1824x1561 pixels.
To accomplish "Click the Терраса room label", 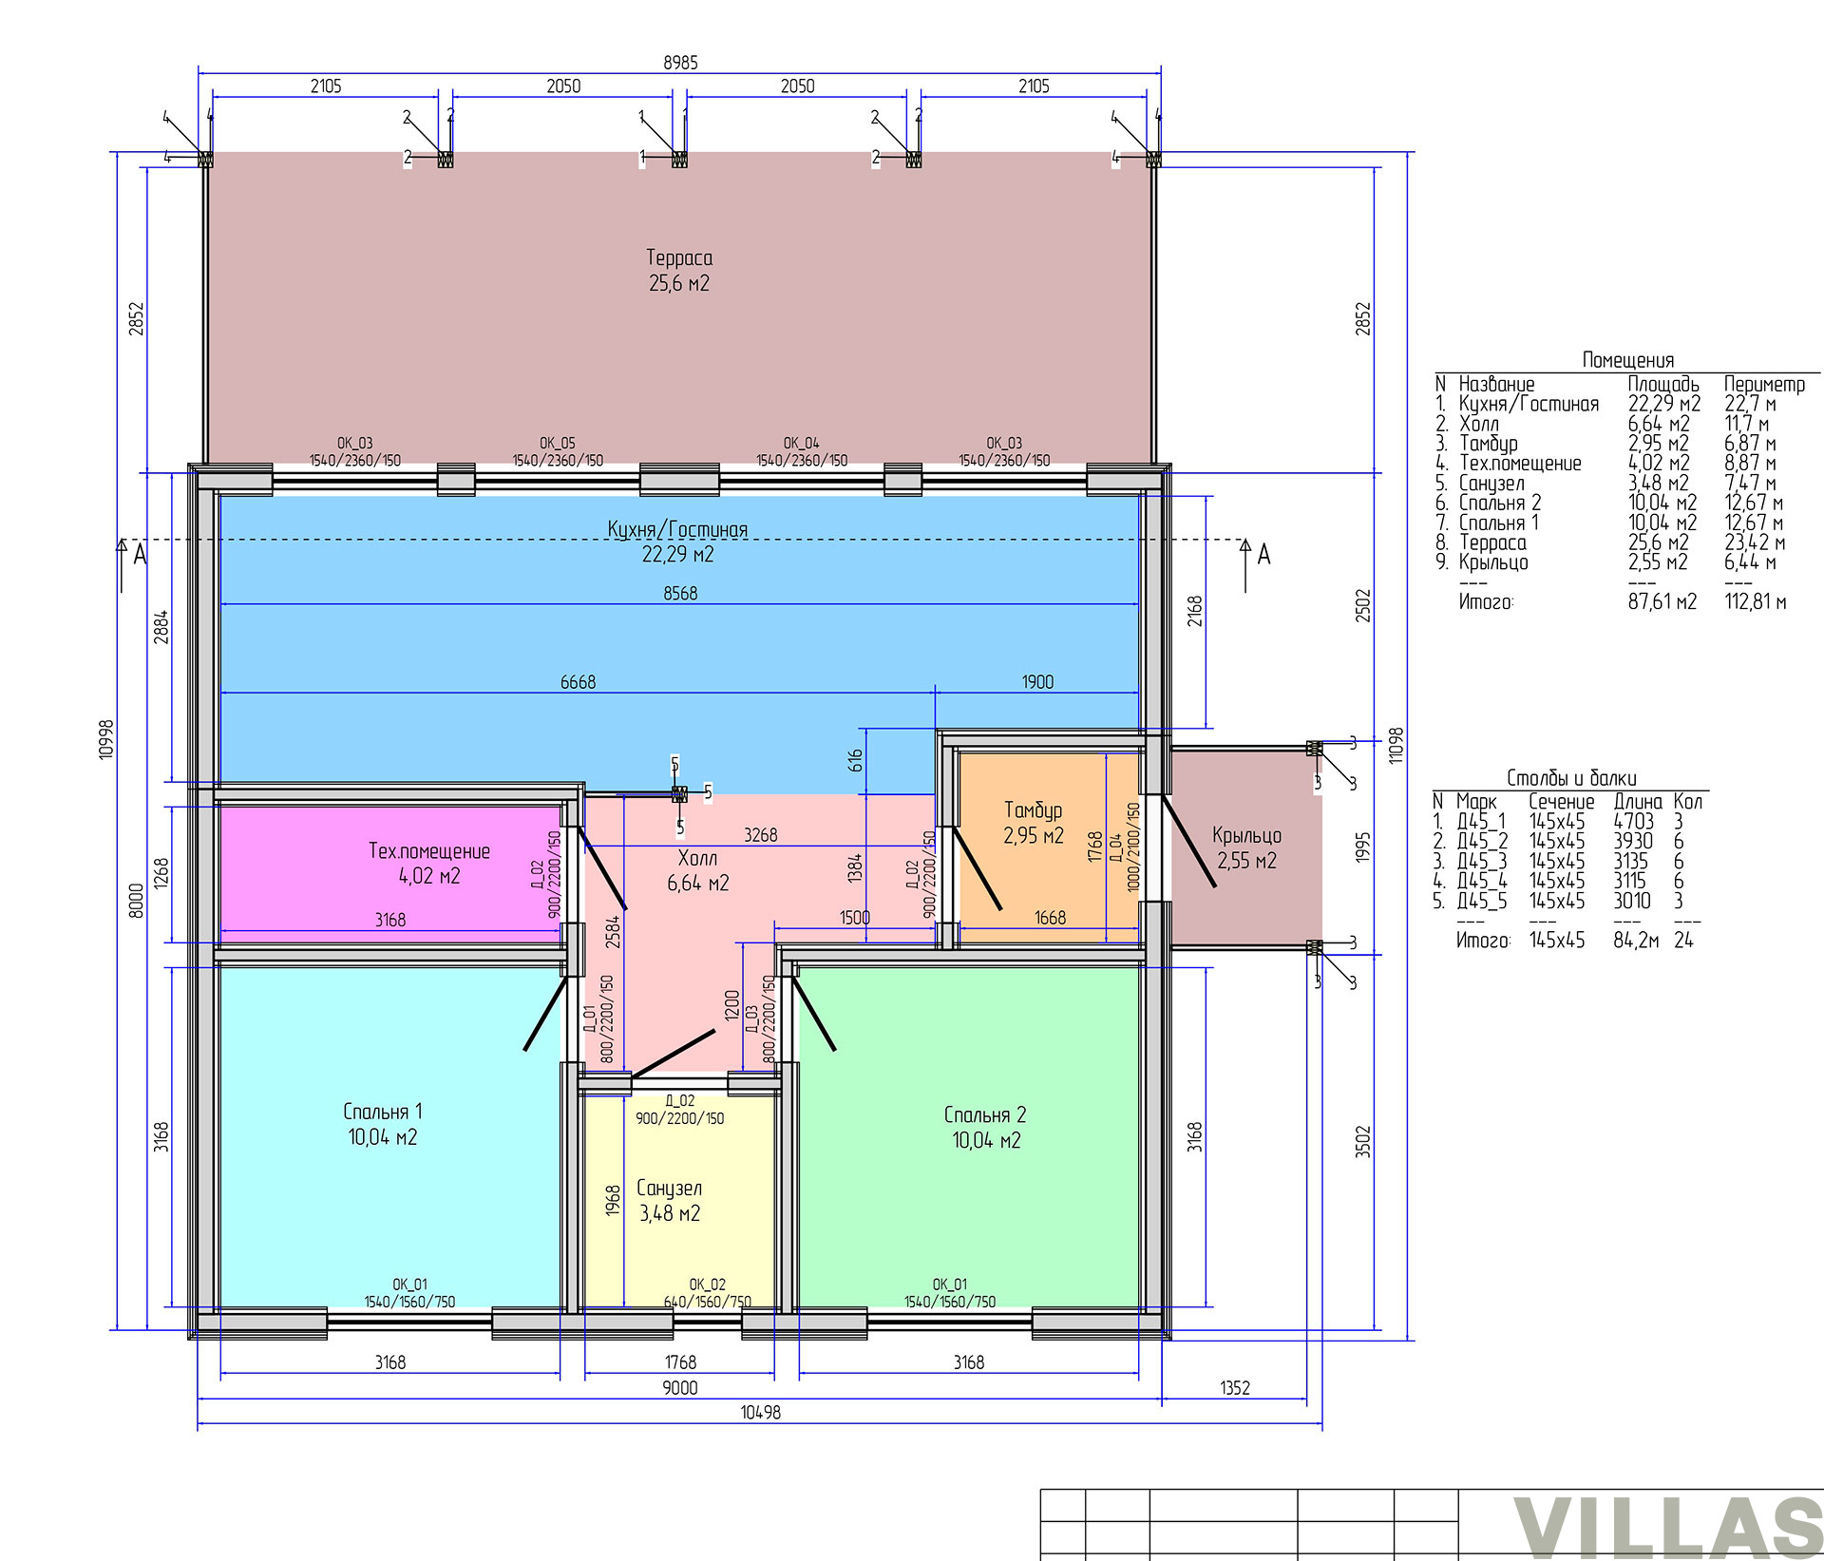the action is (679, 257).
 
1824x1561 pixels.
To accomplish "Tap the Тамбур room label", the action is (1033, 810).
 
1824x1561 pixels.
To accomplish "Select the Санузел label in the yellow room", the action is (670, 1189).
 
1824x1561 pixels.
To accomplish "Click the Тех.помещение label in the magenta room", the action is (429, 851).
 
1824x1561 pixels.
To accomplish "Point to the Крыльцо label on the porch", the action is (1246, 836).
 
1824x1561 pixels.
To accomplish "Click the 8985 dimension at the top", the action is (680, 63).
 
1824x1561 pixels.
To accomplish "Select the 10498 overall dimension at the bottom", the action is (760, 1413).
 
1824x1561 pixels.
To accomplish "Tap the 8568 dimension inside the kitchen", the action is (680, 594).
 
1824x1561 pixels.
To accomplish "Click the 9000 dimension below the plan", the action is (680, 1388).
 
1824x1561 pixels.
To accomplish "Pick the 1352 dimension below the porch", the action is (1235, 1388).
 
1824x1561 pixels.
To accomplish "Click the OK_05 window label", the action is (558, 444).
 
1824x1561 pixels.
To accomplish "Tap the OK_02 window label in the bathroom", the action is (707, 1285).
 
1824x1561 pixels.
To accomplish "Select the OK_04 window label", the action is (801, 444).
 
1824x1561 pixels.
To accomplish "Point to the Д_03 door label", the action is (751, 1019).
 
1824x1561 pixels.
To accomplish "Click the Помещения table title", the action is (1628, 360).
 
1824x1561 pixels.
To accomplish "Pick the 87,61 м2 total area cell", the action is (1662, 601).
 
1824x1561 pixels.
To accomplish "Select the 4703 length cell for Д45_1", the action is (1633, 822).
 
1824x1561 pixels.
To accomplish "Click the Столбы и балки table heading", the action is (1571, 778).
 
